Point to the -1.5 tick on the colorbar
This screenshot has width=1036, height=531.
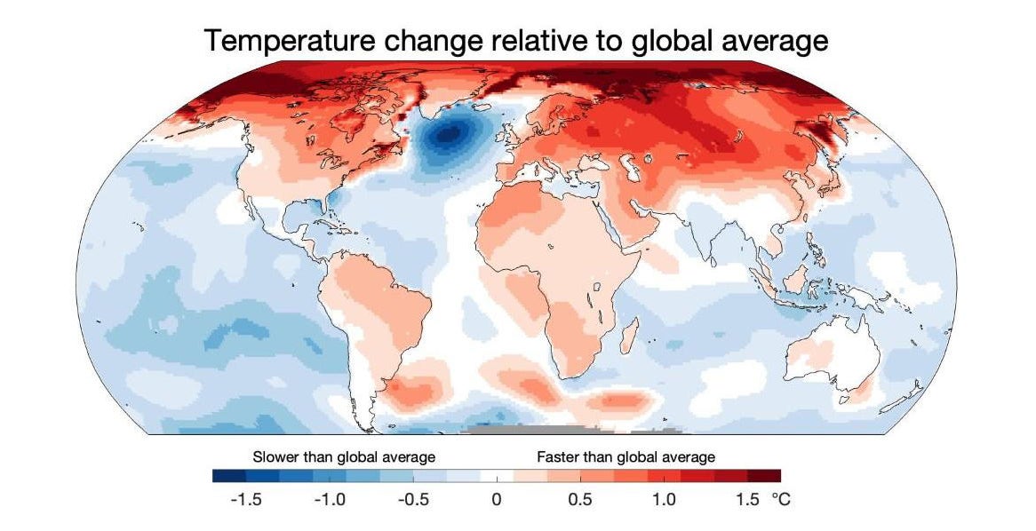(x=245, y=500)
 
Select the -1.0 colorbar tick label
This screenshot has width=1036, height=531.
(x=329, y=500)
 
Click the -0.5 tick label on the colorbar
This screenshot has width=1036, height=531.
(x=412, y=500)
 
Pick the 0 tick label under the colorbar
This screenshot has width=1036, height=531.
(x=496, y=500)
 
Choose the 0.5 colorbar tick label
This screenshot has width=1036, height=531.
(x=579, y=500)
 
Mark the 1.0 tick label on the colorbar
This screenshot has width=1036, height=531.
(x=663, y=500)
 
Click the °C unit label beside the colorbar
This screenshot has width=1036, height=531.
(x=779, y=500)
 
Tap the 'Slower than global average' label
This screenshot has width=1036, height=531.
(x=344, y=457)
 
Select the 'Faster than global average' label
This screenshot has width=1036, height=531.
(x=626, y=457)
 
